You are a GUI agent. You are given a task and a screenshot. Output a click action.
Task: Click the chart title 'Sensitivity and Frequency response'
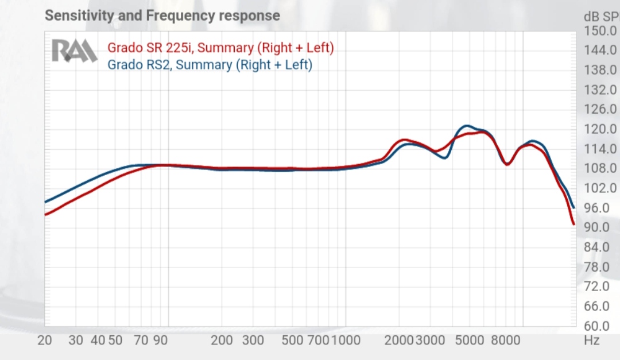[162, 16]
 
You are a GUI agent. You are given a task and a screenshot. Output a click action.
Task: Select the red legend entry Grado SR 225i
[220, 48]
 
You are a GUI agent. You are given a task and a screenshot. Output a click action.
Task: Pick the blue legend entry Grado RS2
[210, 65]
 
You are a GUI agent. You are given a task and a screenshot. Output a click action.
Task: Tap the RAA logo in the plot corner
[75, 51]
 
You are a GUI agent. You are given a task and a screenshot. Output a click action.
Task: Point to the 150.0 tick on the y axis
[600, 30]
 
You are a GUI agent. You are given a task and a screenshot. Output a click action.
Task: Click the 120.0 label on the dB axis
[600, 129]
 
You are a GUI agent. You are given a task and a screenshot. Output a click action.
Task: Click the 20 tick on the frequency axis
[45, 340]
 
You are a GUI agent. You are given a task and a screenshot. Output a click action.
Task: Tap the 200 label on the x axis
[222, 340]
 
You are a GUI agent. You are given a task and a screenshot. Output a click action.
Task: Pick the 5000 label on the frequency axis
[470, 340]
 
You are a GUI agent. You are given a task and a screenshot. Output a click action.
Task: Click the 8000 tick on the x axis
[506, 340]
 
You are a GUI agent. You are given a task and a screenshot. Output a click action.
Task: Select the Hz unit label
[591, 340]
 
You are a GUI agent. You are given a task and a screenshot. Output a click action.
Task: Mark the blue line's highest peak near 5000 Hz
[467, 125]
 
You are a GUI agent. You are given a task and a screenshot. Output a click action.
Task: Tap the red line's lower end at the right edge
[573, 224]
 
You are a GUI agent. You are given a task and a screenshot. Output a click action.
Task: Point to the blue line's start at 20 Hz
[45, 202]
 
